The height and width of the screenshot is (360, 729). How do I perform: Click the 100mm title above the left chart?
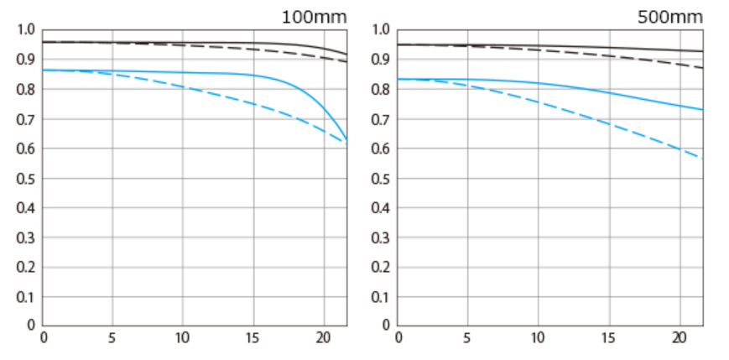[313, 16]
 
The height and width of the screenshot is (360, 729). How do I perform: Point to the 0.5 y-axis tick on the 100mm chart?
[27, 178]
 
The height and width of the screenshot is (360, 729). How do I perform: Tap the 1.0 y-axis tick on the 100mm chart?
[27, 30]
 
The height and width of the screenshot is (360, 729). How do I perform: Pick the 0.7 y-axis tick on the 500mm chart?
[382, 119]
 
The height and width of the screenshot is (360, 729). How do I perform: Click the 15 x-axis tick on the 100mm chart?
[253, 338]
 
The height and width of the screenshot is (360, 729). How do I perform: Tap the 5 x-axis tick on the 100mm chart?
[113, 338]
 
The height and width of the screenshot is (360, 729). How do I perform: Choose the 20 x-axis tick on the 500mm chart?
[679, 338]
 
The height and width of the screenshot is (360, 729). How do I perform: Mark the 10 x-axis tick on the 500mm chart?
[538, 338]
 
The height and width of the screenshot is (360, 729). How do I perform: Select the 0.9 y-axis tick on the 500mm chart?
[382, 60]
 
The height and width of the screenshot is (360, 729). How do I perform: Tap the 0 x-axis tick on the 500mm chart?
[398, 338]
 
